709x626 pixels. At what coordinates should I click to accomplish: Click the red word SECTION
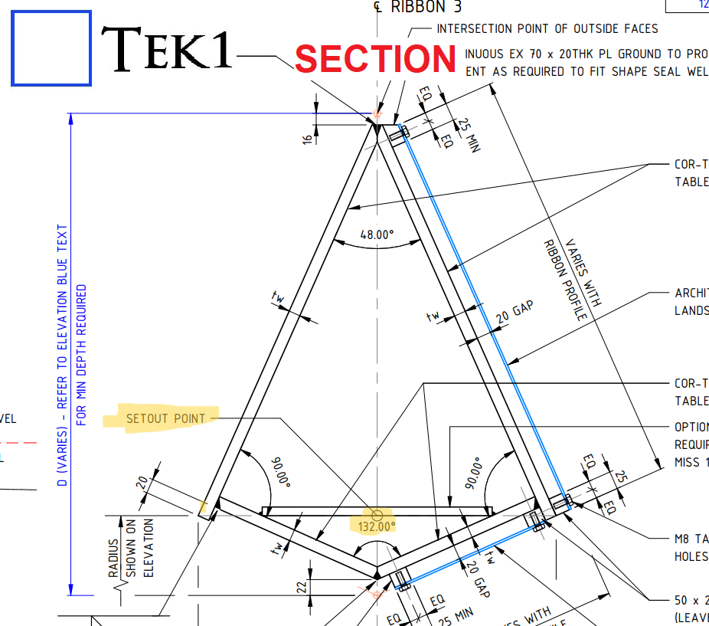click(x=375, y=59)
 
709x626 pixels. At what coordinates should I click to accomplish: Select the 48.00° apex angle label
click(x=377, y=234)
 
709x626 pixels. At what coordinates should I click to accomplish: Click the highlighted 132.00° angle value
click(x=376, y=526)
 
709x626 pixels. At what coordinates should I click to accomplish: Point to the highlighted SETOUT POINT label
click(x=166, y=418)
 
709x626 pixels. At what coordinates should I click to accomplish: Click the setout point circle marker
click(x=377, y=514)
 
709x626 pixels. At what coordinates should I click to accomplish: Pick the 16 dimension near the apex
click(x=308, y=139)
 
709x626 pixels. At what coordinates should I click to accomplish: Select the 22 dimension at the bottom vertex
click(x=302, y=586)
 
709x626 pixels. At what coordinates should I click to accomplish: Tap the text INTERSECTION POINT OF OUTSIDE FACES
click(x=547, y=28)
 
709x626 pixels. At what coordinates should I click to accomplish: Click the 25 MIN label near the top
click(x=466, y=135)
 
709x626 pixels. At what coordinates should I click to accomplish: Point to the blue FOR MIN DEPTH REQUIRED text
click(x=82, y=356)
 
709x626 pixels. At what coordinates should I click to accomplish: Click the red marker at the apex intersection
click(x=376, y=114)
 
